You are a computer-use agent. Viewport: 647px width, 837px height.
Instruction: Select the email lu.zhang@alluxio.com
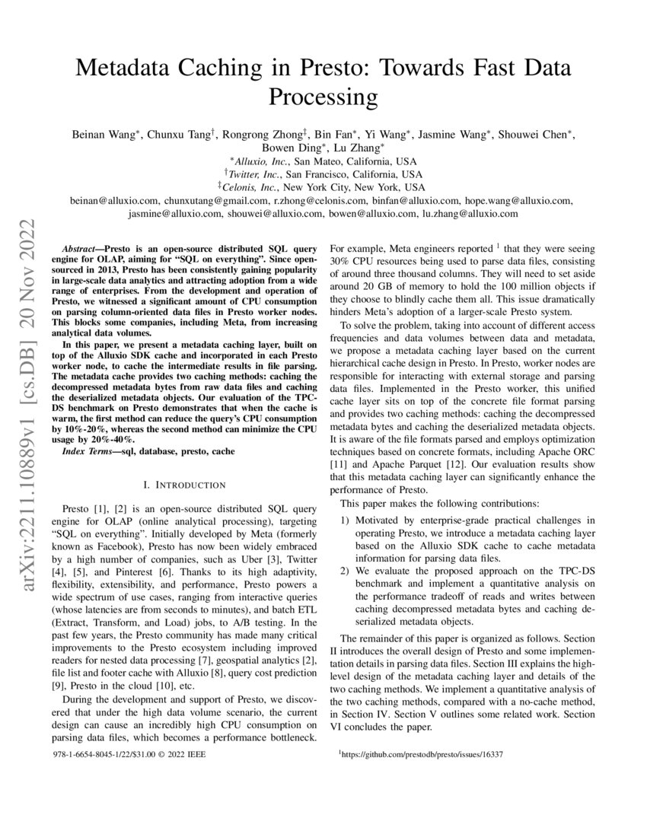pyautogui.click(x=470, y=214)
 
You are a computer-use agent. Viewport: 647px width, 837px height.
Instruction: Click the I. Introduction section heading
pyautogui.click(x=184, y=485)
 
